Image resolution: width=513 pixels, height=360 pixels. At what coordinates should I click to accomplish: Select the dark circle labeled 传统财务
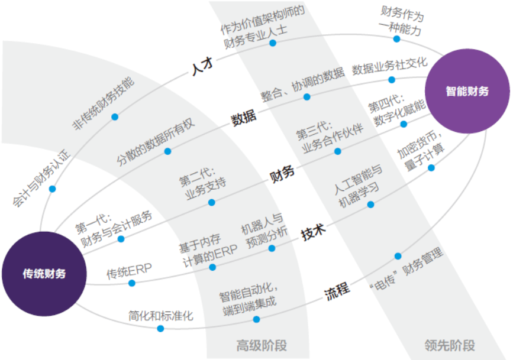[44, 274]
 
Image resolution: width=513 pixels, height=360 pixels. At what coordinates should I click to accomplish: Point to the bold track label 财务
[282, 174]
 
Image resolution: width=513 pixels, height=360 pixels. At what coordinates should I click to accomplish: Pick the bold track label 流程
[337, 290]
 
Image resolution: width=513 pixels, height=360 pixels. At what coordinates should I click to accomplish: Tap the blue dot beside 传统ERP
[131, 283]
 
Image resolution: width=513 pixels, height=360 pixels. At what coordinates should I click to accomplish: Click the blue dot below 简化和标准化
[160, 329]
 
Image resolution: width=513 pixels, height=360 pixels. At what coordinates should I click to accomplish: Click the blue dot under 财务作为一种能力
[396, 39]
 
